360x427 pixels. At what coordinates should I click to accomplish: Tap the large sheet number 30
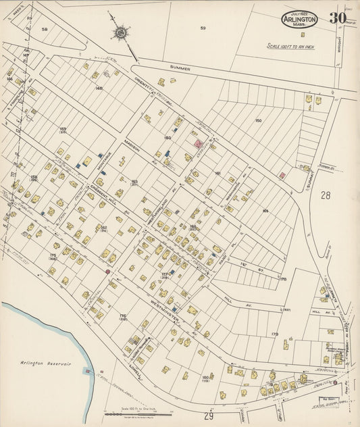click(338, 18)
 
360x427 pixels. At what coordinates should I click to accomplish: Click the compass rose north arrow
click(122, 32)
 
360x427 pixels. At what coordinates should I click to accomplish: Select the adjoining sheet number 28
click(326, 195)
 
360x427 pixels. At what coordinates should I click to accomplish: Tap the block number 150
click(257, 120)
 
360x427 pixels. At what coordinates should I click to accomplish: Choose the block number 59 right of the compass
click(203, 28)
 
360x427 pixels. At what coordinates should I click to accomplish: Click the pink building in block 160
click(199, 143)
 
